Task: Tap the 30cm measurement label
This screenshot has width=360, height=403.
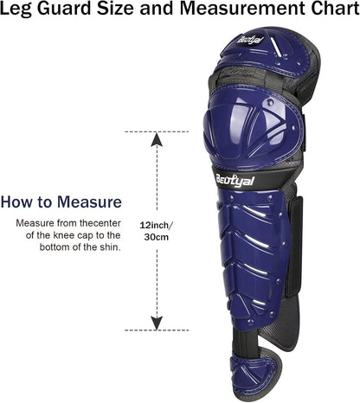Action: coord(155,236)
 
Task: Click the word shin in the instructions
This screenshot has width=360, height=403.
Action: coord(112,246)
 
